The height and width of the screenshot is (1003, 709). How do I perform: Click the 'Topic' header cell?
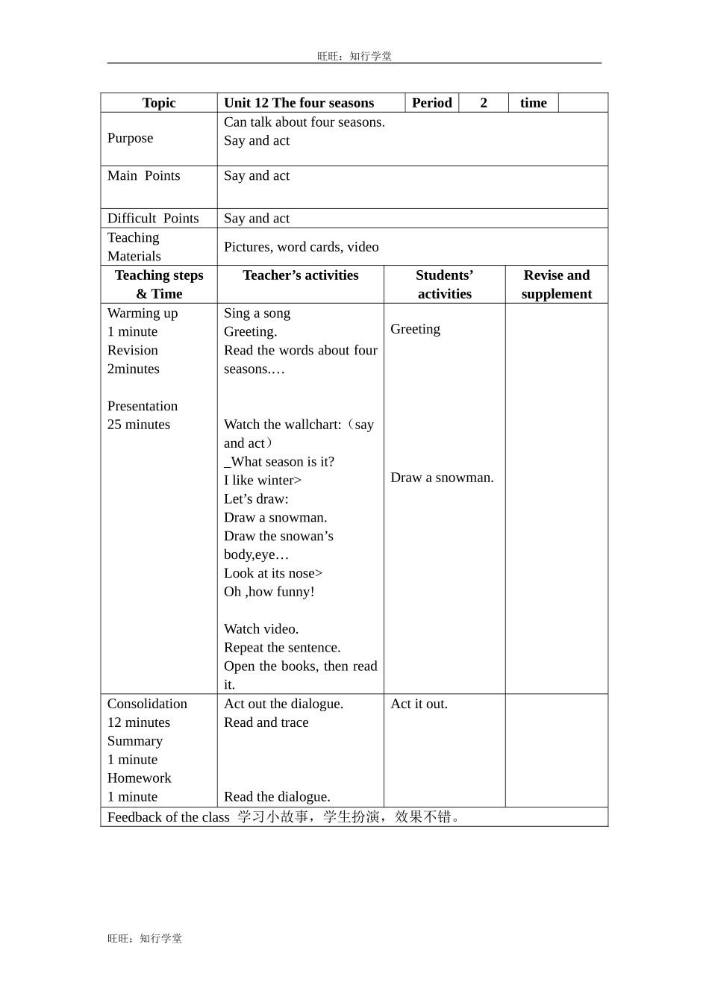(x=159, y=103)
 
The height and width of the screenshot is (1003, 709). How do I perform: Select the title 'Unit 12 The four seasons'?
(x=299, y=103)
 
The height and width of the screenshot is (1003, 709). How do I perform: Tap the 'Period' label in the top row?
(x=431, y=103)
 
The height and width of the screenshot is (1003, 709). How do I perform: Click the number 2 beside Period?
(x=484, y=103)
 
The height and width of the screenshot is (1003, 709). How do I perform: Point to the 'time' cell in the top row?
(x=533, y=103)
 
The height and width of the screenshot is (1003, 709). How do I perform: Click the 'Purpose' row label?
(x=130, y=138)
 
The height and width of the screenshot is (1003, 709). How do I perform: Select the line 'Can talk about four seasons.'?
(x=304, y=122)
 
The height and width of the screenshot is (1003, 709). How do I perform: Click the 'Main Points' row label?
(x=143, y=176)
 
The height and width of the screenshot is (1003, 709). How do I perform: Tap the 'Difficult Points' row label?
(x=153, y=219)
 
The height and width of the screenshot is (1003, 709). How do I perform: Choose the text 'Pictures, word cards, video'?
(x=301, y=247)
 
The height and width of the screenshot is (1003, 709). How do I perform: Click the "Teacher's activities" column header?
(x=300, y=275)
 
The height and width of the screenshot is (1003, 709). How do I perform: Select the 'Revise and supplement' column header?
(x=556, y=284)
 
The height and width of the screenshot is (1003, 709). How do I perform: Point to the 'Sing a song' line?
(x=257, y=313)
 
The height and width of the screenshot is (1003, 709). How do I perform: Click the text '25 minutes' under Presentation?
(x=139, y=425)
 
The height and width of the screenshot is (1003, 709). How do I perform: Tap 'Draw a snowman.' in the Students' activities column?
(x=442, y=478)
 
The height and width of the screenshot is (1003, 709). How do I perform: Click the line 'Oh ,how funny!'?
(x=269, y=592)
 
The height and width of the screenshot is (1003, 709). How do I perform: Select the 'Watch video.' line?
(x=261, y=629)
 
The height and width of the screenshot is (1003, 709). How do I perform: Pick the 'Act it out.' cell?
(x=419, y=704)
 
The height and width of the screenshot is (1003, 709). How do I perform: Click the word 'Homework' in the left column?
(x=139, y=778)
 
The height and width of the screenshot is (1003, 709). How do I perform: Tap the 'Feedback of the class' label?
(x=168, y=817)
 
